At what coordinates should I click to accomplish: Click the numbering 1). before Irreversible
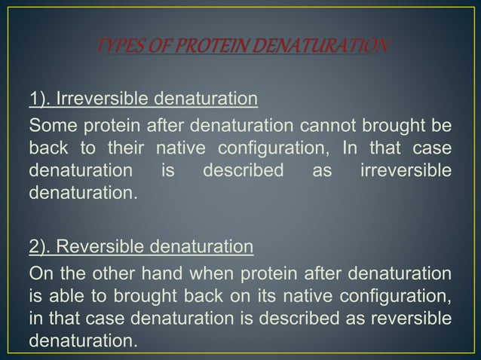point(41,99)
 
